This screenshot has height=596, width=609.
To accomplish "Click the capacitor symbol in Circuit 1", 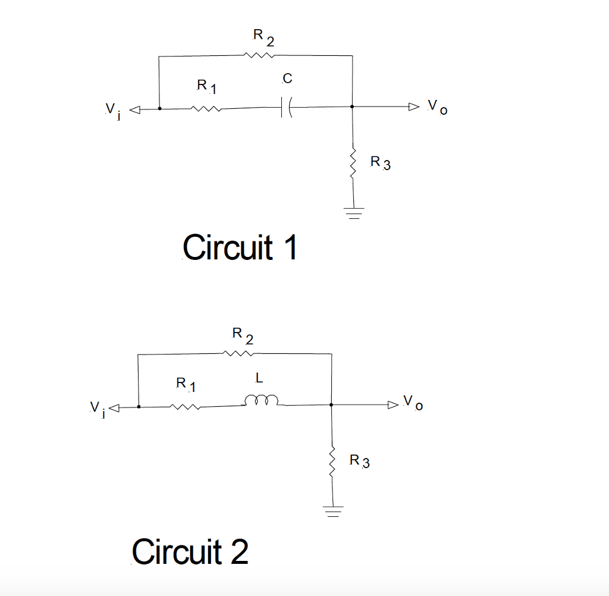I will click(285, 108).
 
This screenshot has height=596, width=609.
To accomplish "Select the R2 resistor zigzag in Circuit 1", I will click(259, 56).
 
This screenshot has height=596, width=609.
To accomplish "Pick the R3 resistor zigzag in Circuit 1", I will click(353, 162).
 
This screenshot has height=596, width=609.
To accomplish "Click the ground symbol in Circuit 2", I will click(333, 511).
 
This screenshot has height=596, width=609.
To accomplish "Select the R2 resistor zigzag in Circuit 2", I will click(238, 354).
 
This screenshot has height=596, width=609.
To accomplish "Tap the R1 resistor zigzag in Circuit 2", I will click(186, 407).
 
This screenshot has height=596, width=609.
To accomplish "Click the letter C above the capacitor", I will click(288, 79).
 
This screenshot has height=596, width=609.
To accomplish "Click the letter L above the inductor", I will click(258, 377).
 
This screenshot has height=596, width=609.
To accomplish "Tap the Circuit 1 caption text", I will click(240, 247).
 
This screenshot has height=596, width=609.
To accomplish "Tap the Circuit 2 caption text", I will click(190, 551).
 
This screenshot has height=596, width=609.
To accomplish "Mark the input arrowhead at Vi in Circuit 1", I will click(135, 109).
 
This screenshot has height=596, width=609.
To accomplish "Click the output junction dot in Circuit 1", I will click(353, 107).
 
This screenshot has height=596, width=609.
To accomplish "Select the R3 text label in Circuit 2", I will click(359, 461).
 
